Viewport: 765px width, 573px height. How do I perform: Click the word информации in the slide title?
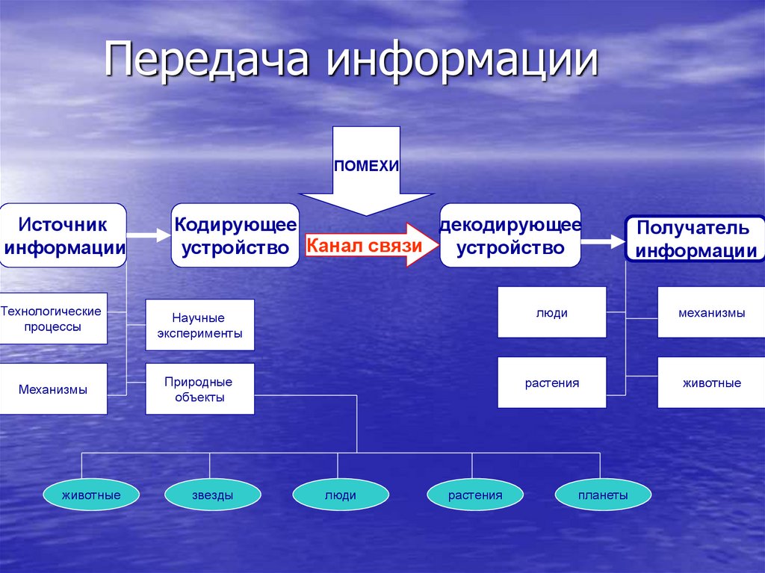coord(461,62)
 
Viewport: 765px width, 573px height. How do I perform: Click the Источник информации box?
coord(63,235)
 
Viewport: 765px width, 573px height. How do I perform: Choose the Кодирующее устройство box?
coord(235,235)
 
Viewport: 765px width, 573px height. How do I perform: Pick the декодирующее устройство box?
coord(510,235)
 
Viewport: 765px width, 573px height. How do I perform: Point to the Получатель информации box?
coord(696,239)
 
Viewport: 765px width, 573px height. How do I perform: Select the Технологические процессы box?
coord(52,318)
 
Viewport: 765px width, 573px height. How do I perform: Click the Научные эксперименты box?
coord(199,325)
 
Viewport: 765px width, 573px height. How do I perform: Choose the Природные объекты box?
coord(199,389)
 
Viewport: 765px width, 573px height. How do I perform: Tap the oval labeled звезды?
coord(212,495)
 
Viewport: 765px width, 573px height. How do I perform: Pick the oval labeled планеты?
coord(603,495)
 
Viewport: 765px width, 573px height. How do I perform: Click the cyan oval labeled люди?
coord(340,495)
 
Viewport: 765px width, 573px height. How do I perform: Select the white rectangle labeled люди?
coord(551,312)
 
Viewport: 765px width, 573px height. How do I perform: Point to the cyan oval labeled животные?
coord(92,495)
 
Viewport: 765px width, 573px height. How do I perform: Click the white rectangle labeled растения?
coord(551,382)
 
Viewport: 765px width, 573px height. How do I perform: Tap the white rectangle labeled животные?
coord(710,382)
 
